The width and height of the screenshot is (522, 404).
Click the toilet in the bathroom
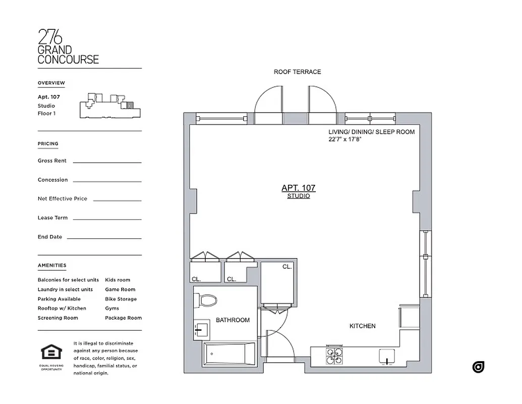pyautogui.click(x=207, y=300)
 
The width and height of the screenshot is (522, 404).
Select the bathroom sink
pyautogui.click(x=201, y=330)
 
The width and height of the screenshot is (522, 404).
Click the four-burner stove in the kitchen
pyautogui.click(x=333, y=355)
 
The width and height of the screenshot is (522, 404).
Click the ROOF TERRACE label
pyautogui.click(x=297, y=72)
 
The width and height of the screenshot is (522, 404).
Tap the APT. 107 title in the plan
pyautogui.click(x=298, y=188)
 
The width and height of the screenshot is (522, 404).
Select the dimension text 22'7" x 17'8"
pyautogui.click(x=345, y=139)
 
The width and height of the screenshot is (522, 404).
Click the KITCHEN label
pyautogui.click(x=362, y=326)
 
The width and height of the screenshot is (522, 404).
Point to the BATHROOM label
pyautogui.click(x=233, y=320)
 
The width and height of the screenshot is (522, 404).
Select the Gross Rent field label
pyautogui.click(x=52, y=161)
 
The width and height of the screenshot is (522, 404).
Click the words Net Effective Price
pyautogui.click(x=62, y=198)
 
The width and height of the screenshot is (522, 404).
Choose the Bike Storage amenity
pyautogui.click(x=121, y=299)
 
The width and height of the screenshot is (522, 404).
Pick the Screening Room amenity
pyautogui.click(x=57, y=318)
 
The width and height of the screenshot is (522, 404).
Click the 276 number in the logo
pyautogui.click(x=50, y=37)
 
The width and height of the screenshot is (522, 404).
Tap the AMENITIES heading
pyautogui.click(x=51, y=265)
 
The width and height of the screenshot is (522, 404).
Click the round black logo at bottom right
pyautogui.click(x=478, y=367)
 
